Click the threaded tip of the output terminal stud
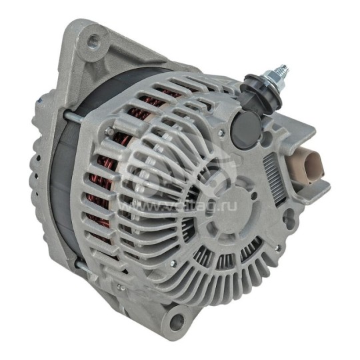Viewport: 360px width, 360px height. [283, 69]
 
